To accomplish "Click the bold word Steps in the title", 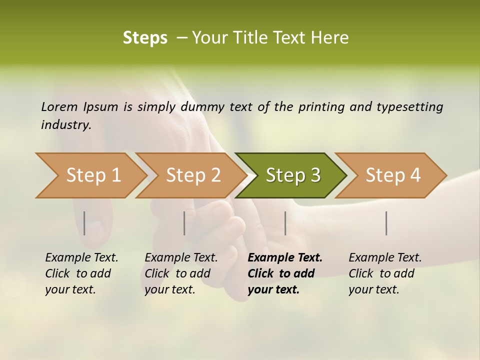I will tap(145, 38).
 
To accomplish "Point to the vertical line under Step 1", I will tap(84, 223).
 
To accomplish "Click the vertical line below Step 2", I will tap(184, 223).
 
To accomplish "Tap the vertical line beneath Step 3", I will tap(285, 223).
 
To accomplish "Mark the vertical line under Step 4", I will tap(386, 223).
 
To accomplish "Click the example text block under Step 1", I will tap(81, 273).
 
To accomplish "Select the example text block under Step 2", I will tap(181, 273).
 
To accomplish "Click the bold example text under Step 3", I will tap(285, 273).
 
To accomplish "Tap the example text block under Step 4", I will tap(385, 273).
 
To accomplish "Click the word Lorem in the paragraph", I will tap(59, 107).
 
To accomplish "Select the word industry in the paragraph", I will tap(66, 125).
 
